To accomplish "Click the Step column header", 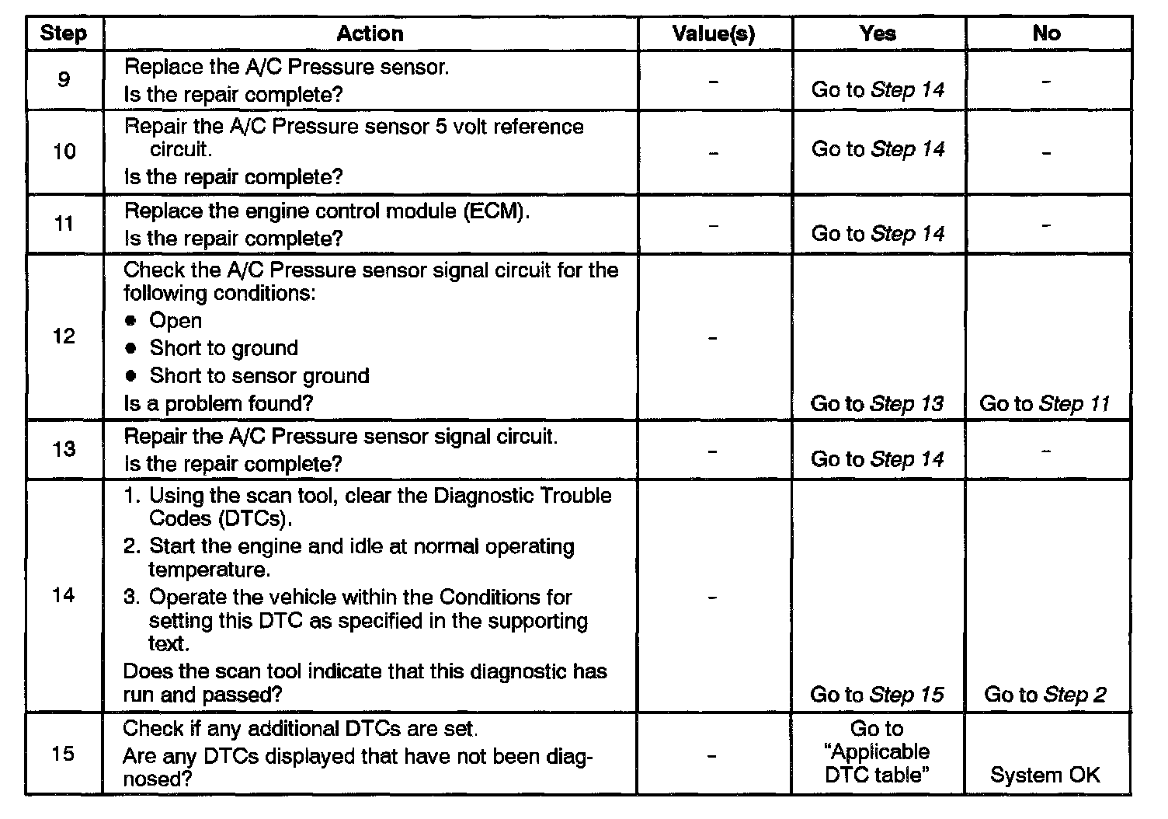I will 63,33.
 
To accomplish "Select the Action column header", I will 370,33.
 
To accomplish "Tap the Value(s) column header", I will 713,33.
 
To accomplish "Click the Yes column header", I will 878,33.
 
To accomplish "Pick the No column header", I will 1046,33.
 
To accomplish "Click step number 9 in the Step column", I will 63,79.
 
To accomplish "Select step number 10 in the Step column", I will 64,151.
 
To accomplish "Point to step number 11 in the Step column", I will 64,224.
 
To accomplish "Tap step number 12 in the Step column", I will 64,336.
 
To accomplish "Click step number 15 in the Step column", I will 64,754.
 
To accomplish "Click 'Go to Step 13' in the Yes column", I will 877,403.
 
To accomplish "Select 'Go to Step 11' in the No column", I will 1045,403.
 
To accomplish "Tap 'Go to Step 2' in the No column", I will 1045,695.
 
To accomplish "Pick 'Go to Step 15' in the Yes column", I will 877,695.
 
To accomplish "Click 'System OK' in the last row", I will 1045,775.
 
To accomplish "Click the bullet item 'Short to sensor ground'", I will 259,376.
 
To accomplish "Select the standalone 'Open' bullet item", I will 176,321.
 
